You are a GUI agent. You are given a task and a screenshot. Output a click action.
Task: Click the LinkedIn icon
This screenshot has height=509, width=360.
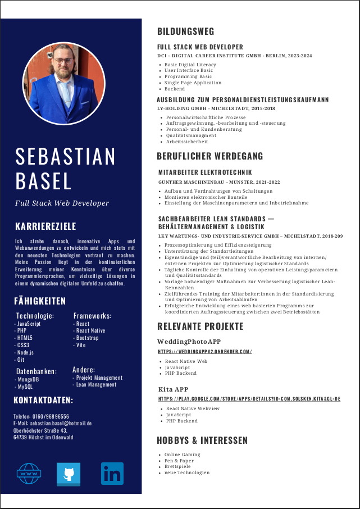pos(112,474)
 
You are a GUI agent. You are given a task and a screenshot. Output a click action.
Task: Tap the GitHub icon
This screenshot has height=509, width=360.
pos(69,474)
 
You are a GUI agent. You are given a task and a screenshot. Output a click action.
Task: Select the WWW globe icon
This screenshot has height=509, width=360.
pos(29,474)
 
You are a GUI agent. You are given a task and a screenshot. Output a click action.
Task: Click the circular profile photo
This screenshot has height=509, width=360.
pos(64,84)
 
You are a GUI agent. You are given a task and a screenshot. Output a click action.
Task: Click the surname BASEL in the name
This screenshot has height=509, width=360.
pos(44,181)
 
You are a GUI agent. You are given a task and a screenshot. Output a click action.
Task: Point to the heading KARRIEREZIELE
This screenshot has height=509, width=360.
pos(45,226)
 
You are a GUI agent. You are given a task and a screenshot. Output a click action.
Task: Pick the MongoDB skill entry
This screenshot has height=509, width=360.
pos(28,379)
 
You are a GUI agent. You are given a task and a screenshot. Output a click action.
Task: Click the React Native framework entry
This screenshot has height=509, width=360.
pos(90,331)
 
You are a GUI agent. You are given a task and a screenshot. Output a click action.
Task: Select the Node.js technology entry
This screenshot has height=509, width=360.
pos(25,352)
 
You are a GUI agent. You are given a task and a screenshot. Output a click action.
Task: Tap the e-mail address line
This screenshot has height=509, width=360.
pos(52,423)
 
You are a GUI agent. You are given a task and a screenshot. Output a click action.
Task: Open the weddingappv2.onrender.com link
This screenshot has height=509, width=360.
pos(204,352)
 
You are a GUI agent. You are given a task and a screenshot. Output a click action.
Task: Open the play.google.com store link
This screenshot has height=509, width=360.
pos(249,399)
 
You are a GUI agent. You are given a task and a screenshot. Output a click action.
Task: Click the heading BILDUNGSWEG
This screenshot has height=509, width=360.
pos(185,31)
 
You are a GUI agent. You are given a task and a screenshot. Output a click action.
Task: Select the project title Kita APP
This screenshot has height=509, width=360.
pos(173,389)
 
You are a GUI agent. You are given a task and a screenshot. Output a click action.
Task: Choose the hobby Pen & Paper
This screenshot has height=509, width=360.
pos(179,461)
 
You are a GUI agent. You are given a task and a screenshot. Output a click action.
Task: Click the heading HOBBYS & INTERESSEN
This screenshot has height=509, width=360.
pos(202,440)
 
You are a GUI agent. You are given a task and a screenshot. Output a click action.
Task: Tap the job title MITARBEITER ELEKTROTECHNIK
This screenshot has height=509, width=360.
pos(205,172)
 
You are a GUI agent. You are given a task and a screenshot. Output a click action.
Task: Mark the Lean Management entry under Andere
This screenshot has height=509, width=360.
pos(95,385)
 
